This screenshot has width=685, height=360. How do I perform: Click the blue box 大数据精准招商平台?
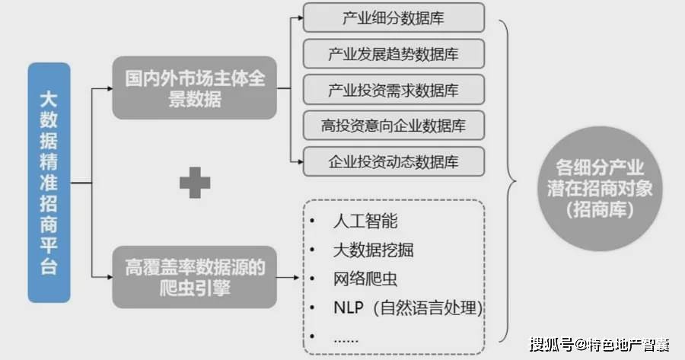(49, 183)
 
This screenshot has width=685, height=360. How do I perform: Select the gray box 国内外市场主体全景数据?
(194, 88)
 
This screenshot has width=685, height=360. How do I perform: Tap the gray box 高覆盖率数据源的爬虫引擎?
(194, 277)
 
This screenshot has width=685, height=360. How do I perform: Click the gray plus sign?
(195, 183)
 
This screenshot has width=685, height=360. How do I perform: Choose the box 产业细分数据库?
(393, 18)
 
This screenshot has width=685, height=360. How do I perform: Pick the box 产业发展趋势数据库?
(393, 54)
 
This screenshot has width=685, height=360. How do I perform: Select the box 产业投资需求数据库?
(393, 90)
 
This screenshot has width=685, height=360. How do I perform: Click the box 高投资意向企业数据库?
(393, 126)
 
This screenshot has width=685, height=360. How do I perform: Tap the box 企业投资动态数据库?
(393, 161)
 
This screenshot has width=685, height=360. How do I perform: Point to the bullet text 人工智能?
(365, 221)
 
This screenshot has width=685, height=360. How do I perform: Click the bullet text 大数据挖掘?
(374, 250)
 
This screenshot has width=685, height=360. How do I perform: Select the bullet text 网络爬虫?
(365, 279)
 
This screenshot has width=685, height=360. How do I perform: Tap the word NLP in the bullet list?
(348, 307)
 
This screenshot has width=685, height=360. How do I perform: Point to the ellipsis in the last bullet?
(346, 340)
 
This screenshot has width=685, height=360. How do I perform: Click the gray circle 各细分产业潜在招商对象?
(600, 189)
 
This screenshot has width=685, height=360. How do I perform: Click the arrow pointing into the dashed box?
(288, 278)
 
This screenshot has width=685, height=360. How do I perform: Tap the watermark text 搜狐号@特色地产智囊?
(600, 345)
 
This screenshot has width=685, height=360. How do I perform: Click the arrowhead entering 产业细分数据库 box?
(300, 18)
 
